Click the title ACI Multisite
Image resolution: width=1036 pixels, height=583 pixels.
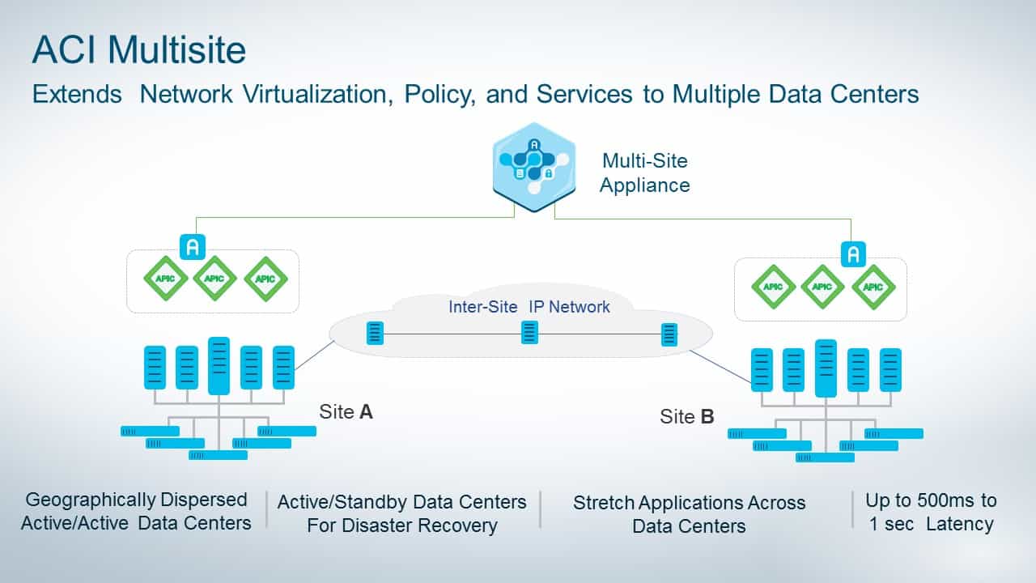[138, 50]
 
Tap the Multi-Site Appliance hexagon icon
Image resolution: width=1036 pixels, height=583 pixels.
[534, 167]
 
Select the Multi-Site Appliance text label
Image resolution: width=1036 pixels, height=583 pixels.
[645, 173]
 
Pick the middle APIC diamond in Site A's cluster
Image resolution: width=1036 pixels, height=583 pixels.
[214, 279]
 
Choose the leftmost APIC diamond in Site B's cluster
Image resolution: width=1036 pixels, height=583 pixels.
[773, 287]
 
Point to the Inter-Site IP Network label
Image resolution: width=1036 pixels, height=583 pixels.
[529, 307]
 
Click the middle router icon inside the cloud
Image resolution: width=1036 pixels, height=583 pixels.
[529, 333]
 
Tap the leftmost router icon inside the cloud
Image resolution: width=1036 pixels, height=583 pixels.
[375, 333]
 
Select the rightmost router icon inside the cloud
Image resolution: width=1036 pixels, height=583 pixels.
[669, 334]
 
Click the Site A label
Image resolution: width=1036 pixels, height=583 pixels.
[346, 411]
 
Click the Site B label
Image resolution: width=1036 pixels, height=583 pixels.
[687, 417]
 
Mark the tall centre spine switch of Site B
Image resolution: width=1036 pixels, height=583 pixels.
[826, 368]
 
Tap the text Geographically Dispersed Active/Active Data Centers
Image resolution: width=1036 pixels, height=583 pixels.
[136, 511]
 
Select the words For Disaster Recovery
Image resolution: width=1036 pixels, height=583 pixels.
[401, 526]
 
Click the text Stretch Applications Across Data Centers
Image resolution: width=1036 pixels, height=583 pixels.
[690, 514]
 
